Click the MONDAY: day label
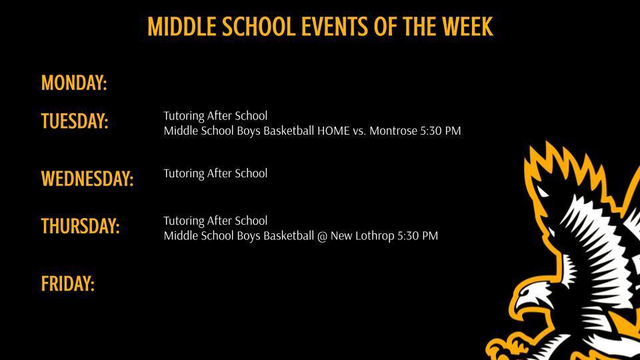(74, 83)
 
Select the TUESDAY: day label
(75, 121)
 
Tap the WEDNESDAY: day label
(87, 179)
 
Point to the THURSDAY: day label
(81, 226)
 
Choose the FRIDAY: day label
(68, 284)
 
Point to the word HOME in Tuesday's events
(333, 131)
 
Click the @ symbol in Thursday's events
(322, 236)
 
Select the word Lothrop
(373, 236)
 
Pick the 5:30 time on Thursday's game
(409, 236)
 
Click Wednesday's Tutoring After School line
(215, 173)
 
